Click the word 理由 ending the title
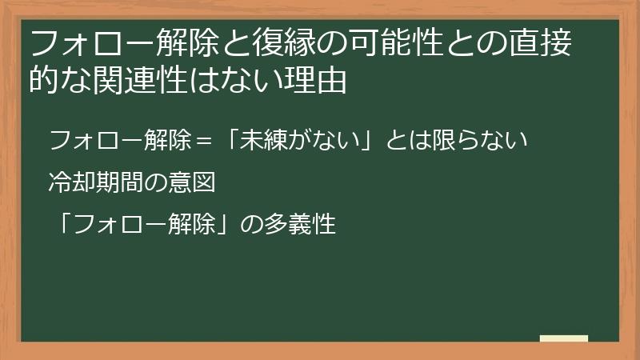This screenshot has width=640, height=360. [319, 80]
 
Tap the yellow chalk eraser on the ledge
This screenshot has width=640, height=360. [563, 338]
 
